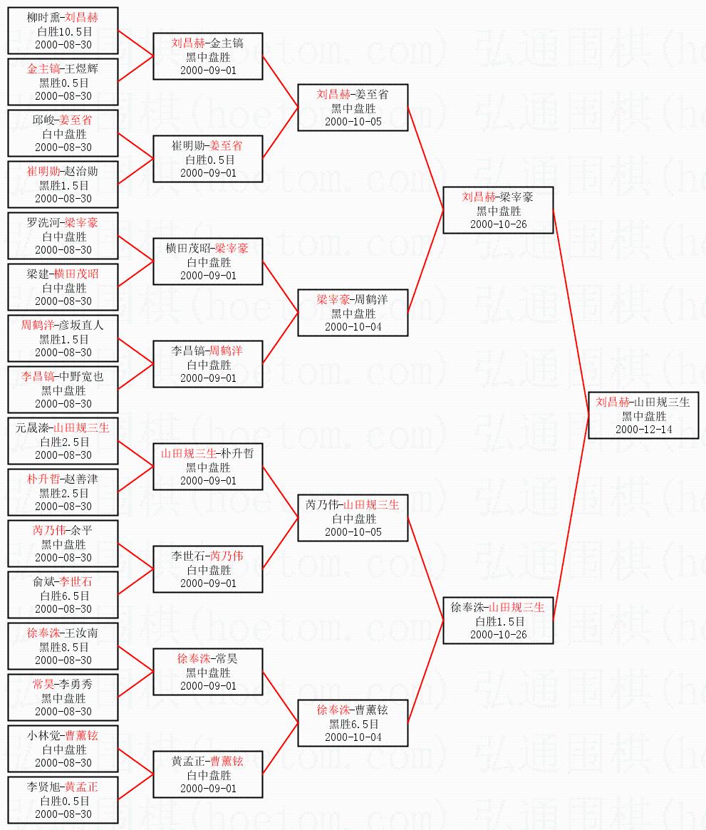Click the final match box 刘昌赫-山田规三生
tap(643, 415)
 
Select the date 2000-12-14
tap(643, 429)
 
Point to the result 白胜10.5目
tap(63, 31)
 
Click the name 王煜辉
tap(81, 69)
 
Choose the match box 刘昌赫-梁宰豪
tap(498, 210)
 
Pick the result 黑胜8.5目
tap(63, 647)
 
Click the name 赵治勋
tap(81, 172)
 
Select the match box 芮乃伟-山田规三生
tap(353, 518)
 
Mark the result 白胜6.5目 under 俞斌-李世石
tap(63, 596)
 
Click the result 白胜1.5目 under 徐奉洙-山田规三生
tap(498, 621)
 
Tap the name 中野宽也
tap(81, 377)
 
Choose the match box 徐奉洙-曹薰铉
tap(353, 723)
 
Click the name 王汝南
tap(81, 633)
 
